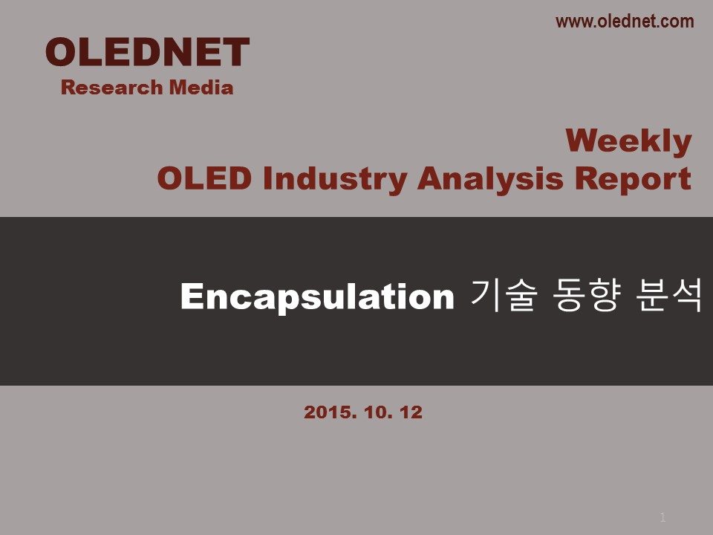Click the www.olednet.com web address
(x=625, y=22)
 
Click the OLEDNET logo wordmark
(x=147, y=52)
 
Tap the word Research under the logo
(x=112, y=88)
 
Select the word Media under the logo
(x=201, y=88)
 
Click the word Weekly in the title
(x=628, y=142)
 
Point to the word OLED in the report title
(x=204, y=178)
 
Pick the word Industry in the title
(x=335, y=179)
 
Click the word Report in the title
(x=633, y=179)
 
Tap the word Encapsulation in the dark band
(x=317, y=296)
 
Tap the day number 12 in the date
(x=411, y=412)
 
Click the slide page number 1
(x=663, y=517)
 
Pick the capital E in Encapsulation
(x=192, y=296)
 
